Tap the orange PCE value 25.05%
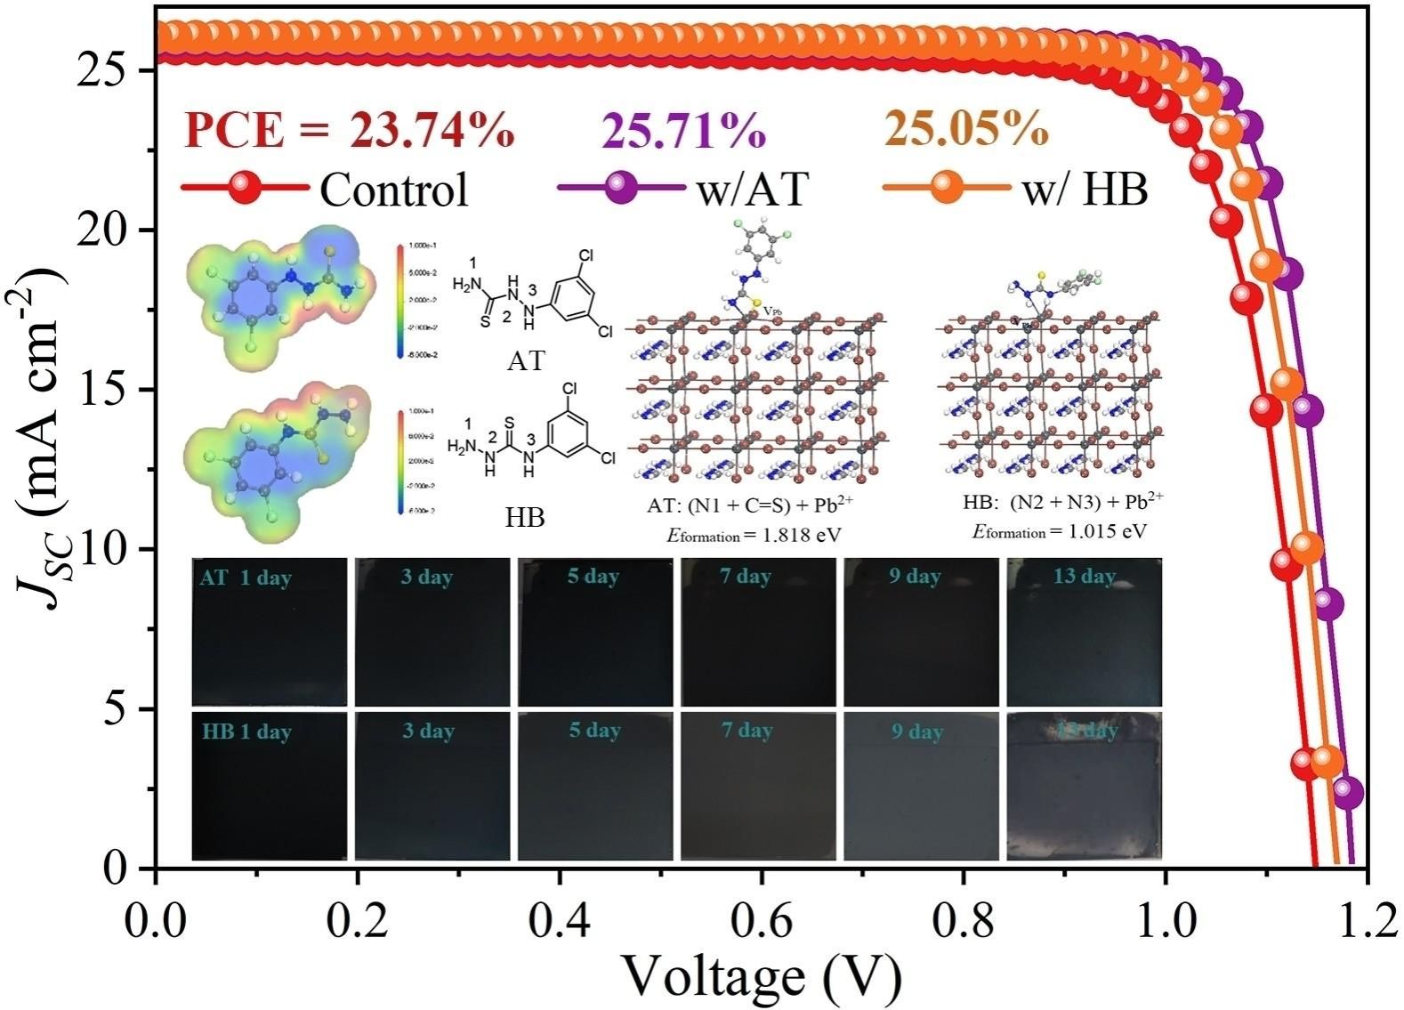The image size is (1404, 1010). (x=965, y=130)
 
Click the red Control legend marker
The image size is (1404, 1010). (x=245, y=189)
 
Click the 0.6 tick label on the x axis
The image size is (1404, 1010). (x=762, y=921)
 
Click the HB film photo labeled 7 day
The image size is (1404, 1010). (x=759, y=786)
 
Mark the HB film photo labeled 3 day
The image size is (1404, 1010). (x=432, y=786)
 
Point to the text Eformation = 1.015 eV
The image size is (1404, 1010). (x=1059, y=531)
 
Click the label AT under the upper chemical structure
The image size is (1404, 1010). (x=525, y=361)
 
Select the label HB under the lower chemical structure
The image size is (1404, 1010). (x=525, y=517)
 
